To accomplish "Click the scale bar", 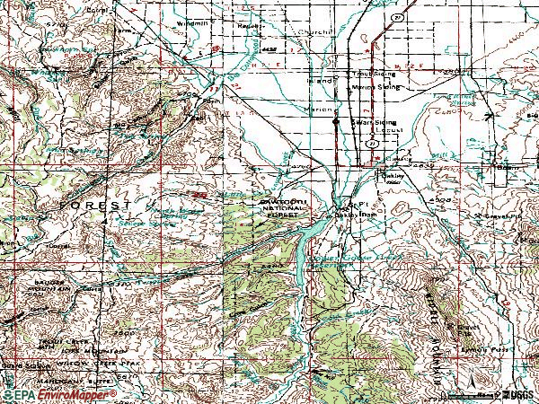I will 486,394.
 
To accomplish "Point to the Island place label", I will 320,80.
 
